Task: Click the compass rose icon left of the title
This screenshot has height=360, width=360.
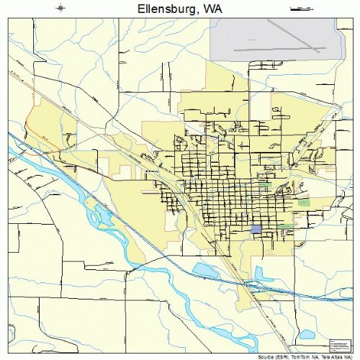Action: point(63,9)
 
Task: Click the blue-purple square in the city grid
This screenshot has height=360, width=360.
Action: point(256,229)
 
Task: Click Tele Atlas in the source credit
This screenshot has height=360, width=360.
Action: point(330,356)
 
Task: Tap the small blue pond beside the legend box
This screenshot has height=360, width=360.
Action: point(307,334)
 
